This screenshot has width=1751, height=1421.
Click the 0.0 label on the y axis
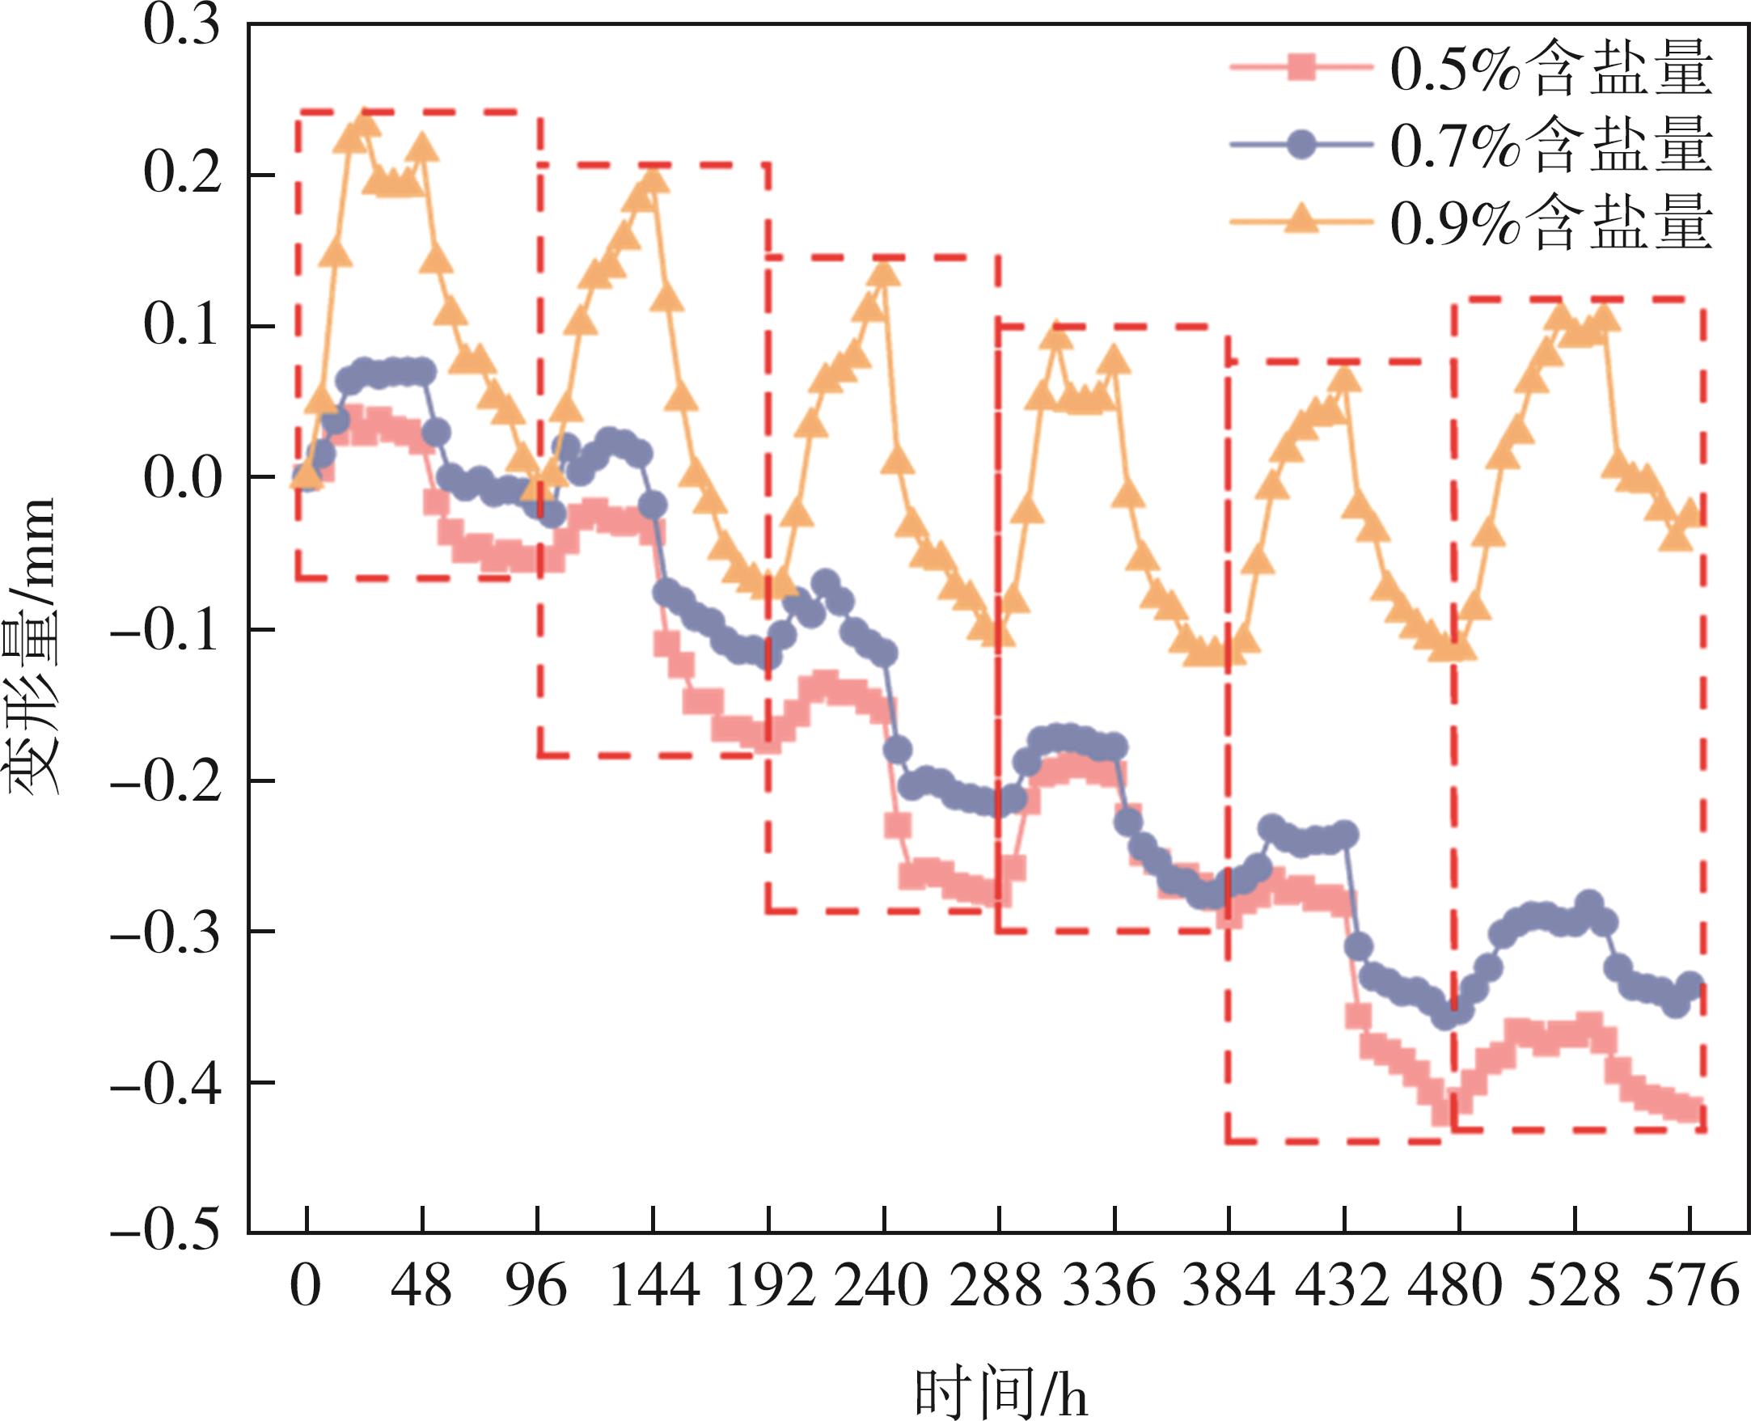point(182,478)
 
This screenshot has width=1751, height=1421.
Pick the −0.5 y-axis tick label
point(167,1232)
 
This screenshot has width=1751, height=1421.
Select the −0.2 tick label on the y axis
point(167,780)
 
